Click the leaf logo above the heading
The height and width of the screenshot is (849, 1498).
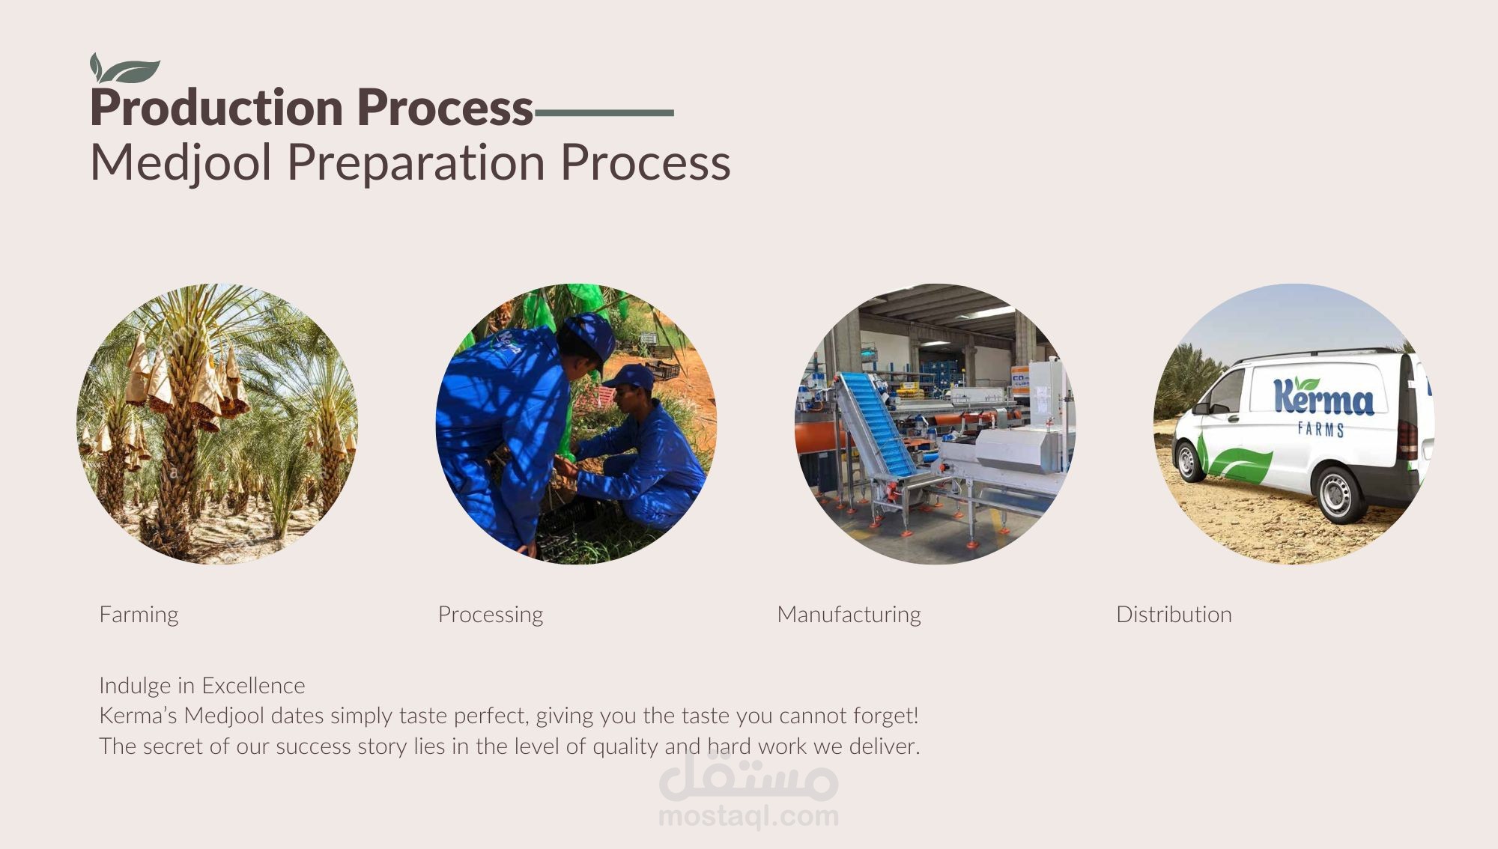pyautogui.click(x=124, y=68)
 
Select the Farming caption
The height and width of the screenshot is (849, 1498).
pyautogui.click(x=139, y=615)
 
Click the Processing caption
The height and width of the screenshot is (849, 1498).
pyautogui.click(x=491, y=615)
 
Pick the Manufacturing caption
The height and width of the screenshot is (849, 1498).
pyautogui.click(x=849, y=615)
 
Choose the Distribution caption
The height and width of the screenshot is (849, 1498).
pyautogui.click(x=1174, y=615)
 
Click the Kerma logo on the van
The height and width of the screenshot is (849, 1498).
pyautogui.click(x=1323, y=397)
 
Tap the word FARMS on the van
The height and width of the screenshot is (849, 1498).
pyautogui.click(x=1321, y=429)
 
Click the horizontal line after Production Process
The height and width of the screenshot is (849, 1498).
pyautogui.click(x=604, y=113)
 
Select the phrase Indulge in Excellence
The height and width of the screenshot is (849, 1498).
pyautogui.click(x=202, y=686)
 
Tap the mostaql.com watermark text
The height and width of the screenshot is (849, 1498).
pyautogui.click(x=748, y=816)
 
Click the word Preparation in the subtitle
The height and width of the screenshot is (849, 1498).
pyautogui.click(x=416, y=162)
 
